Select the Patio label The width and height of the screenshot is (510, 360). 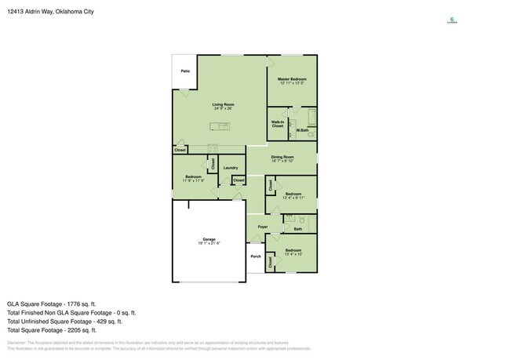tap(185, 71)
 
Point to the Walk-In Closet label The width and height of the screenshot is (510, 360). tap(278, 124)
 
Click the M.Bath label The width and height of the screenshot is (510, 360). tap(302, 129)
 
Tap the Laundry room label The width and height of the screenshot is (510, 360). tap(230, 168)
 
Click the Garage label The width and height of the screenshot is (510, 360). tap(209, 240)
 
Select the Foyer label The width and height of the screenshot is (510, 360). tap(263, 227)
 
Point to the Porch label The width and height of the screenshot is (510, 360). tap(256, 256)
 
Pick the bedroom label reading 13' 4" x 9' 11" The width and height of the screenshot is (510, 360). tap(293, 195)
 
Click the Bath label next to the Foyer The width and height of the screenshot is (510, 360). tap(298, 228)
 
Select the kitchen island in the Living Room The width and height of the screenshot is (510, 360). tap(220, 126)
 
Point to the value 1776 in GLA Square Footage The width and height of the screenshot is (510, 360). tap(75, 304)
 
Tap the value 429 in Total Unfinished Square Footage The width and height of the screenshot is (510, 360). tap(104, 321)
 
